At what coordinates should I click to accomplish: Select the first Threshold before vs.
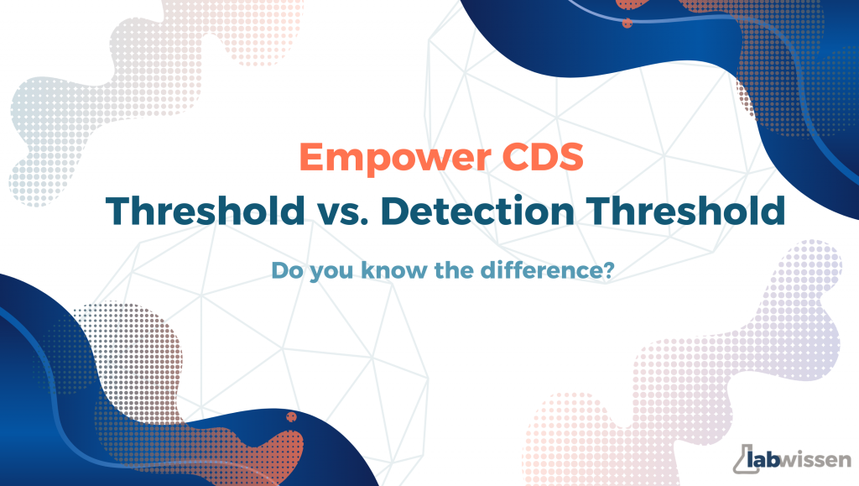[205, 211]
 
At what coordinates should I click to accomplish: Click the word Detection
[477, 211]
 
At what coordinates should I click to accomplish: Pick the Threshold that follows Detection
[685, 211]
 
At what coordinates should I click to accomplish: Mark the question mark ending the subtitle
[608, 270]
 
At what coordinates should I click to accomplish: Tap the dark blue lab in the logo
[764, 460]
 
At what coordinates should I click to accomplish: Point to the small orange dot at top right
[627, 23]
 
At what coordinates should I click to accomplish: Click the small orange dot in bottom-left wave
[291, 417]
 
